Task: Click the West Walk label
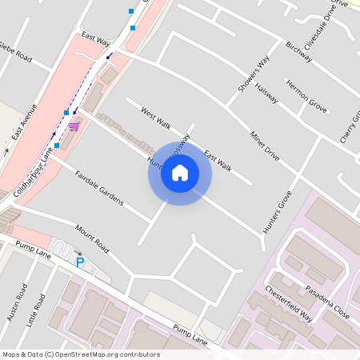(156, 118)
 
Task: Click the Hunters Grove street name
(278, 213)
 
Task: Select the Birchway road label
(298, 54)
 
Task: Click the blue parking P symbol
(79, 262)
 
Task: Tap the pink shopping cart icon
(74, 126)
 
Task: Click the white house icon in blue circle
(180, 173)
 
